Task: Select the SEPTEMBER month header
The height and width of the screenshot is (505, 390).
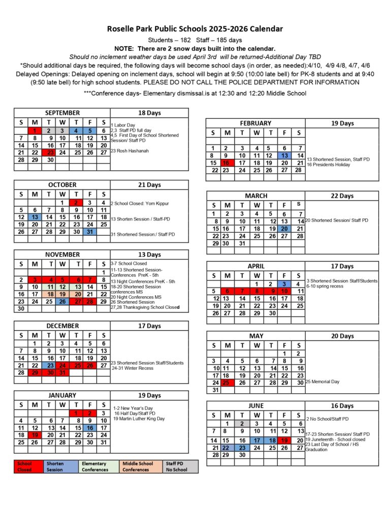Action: click(x=62, y=113)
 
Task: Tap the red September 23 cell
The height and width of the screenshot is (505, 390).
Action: click(x=50, y=152)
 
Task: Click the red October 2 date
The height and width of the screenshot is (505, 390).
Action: click(x=76, y=203)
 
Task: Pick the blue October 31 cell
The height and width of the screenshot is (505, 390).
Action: click(x=90, y=232)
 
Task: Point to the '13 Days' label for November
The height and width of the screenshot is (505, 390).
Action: click(x=150, y=255)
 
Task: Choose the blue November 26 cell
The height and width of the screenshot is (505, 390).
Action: click(x=62, y=301)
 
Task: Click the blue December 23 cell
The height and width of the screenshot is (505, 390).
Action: click(x=50, y=365)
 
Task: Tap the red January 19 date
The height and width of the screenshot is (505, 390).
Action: click(x=35, y=435)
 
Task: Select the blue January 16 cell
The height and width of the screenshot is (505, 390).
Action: click(x=90, y=428)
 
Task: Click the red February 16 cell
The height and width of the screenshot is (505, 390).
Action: click(x=226, y=163)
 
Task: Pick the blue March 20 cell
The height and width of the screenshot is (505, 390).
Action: click(x=284, y=229)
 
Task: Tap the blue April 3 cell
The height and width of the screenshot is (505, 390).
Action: click(x=284, y=284)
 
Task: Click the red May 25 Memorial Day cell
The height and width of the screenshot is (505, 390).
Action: click(x=226, y=382)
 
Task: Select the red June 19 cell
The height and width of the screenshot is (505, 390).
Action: click(x=284, y=440)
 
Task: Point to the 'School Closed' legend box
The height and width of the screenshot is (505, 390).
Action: click(x=29, y=466)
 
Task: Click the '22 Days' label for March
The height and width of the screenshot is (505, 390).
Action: click(x=342, y=196)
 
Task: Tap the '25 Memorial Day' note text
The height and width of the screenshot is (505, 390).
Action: click(x=322, y=382)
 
